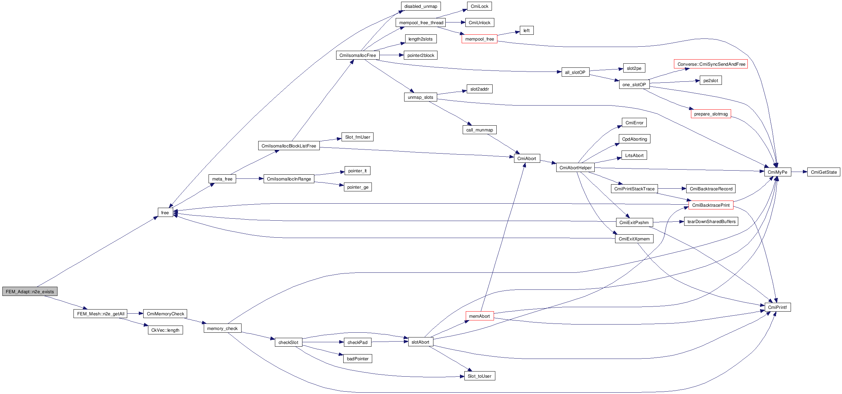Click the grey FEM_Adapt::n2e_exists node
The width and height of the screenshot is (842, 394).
click(x=30, y=291)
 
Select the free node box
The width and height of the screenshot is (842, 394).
click(x=165, y=212)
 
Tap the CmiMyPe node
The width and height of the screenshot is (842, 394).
click(x=777, y=172)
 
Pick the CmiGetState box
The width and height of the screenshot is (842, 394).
click(x=823, y=172)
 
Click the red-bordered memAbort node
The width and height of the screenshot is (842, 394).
click(x=479, y=316)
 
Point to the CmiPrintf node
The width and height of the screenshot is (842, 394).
click(x=777, y=307)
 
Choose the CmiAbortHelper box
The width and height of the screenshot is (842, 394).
click(x=575, y=168)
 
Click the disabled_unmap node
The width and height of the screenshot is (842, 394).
click(x=420, y=6)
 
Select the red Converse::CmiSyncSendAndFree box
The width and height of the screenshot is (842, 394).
click(x=711, y=64)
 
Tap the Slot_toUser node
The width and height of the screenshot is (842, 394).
click(x=479, y=376)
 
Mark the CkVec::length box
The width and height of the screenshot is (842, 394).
click(x=165, y=330)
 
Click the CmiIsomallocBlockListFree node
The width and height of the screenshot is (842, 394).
click(x=288, y=146)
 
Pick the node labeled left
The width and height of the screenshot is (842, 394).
click(x=526, y=30)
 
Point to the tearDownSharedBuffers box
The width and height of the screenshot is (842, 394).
click(x=711, y=221)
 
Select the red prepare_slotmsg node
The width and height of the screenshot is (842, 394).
click(x=711, y=114)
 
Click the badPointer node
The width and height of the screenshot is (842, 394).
click(x=358, y=359)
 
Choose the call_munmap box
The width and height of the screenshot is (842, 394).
click(x=479, y=130)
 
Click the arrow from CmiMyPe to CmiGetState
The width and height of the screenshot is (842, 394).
click(x=799, y=172)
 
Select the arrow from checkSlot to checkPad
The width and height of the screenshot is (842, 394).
click(x=323, y=342)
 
